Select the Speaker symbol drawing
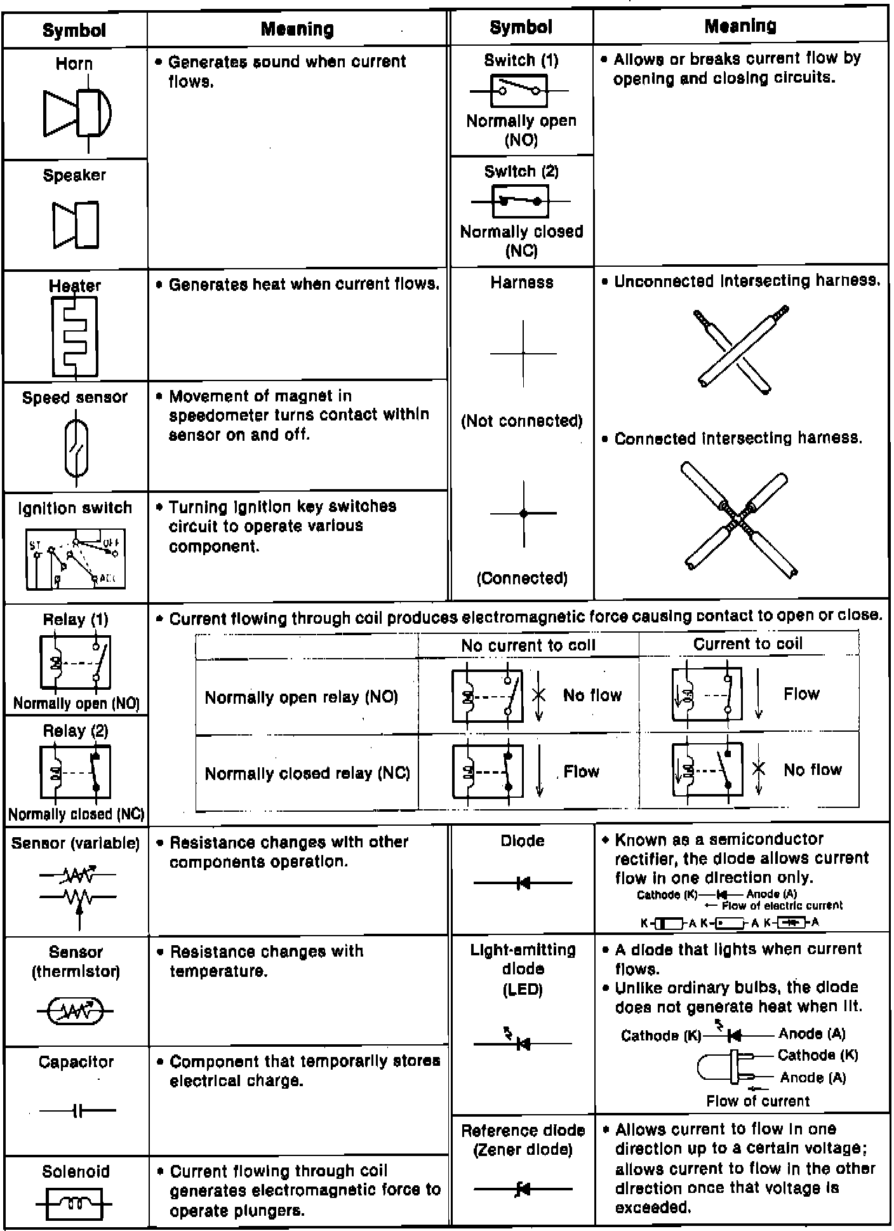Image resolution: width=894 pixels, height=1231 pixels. (x=76, y=225)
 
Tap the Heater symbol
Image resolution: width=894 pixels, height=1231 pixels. (x=75, y=337)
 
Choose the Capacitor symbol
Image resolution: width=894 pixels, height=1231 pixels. (x=77, y=1111)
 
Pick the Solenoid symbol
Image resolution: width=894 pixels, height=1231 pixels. (x=75, y=1204)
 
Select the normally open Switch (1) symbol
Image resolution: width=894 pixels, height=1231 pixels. (x=519, y=91)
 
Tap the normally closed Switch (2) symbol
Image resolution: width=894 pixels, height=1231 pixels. (x=520, y=201)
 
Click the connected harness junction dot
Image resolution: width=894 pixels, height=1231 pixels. (x=523, y=513)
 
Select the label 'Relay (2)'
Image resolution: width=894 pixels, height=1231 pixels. (x=76, y=731)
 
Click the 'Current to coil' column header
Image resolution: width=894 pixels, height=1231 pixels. (x=748, y=644)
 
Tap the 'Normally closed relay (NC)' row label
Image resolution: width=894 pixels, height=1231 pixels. (x=307, y=773)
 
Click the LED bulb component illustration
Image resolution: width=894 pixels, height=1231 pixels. (x=726, y=1066)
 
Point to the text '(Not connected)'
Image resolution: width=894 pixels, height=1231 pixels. (x=522, y=421)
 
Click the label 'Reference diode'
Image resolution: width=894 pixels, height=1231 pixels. (x=523, y=1131)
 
